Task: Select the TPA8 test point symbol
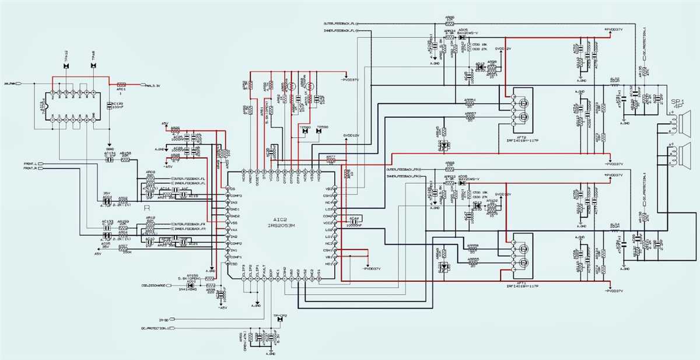click(94, 65)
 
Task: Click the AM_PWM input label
click(10, 83)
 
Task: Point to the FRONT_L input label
click(30, 164)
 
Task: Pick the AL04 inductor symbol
click(615, 231)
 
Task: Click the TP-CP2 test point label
click(281, 315)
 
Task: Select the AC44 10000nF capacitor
click(353, 221)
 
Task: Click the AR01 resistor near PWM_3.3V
click(122, 85)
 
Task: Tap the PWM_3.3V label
click(153, 85)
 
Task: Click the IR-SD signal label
click(164, 320)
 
